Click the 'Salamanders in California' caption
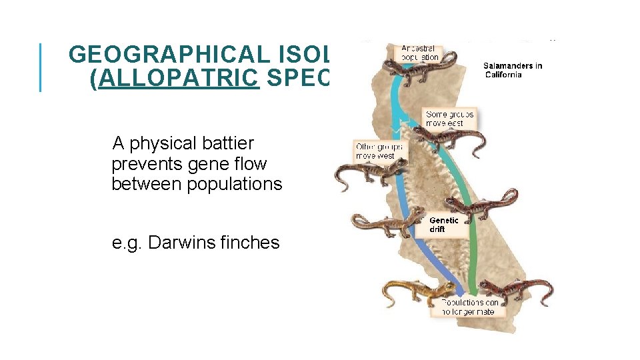[x=512, y=70]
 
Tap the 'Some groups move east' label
[x=450, y=119]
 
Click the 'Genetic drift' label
[x=443, y=225]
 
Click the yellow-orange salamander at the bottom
[x=413, y=291]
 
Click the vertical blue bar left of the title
[x=41, y=67]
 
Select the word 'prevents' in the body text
[x=143, y=164]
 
